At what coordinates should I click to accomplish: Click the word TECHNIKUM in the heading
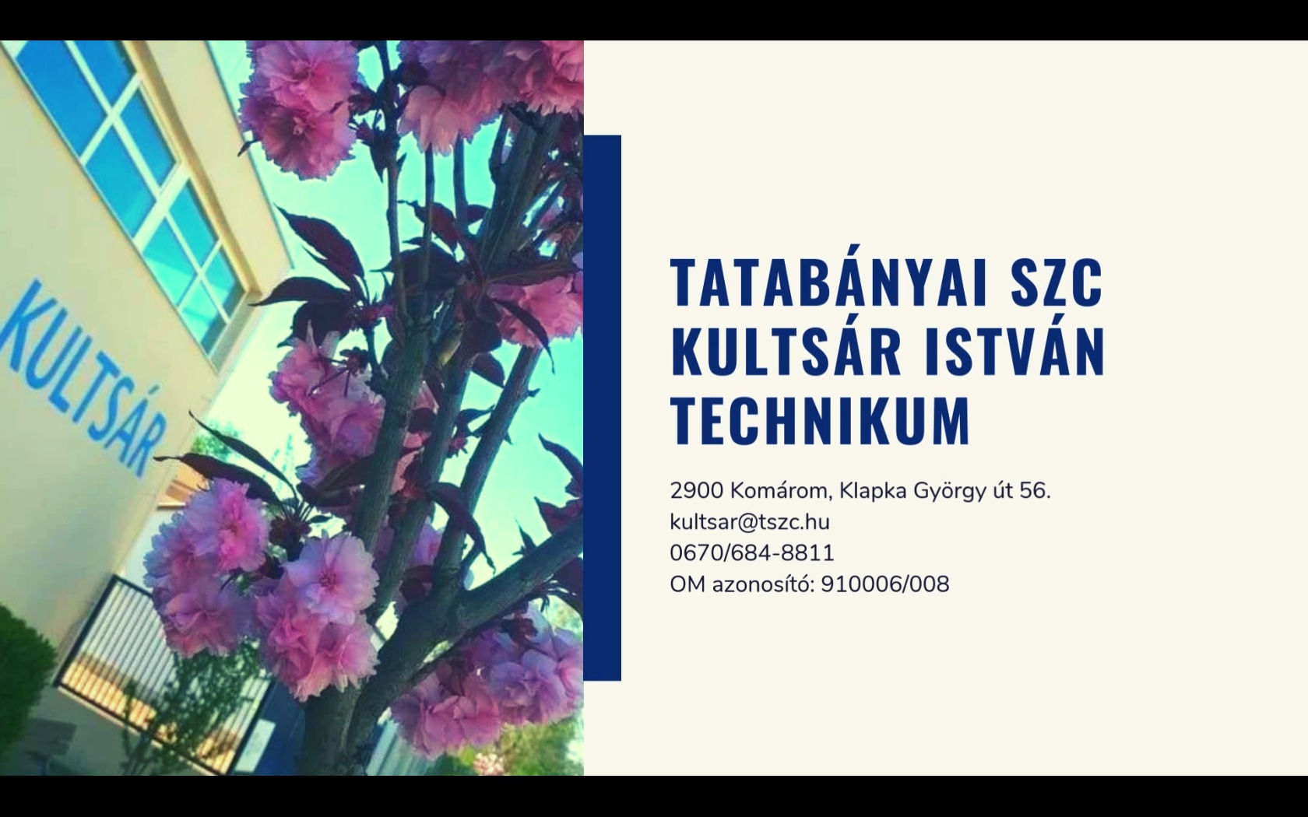(821, 420)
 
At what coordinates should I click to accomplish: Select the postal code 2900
(697, 492)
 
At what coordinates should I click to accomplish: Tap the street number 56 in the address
(1035, 492)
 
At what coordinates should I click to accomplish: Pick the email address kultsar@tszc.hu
(750, 522)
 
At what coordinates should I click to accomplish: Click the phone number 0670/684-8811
(752, 553)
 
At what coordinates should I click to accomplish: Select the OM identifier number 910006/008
(885, 584)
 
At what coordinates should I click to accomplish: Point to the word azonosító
(763, 584)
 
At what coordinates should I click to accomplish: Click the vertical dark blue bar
(602, 408)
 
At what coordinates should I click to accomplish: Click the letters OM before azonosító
(688, 584)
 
